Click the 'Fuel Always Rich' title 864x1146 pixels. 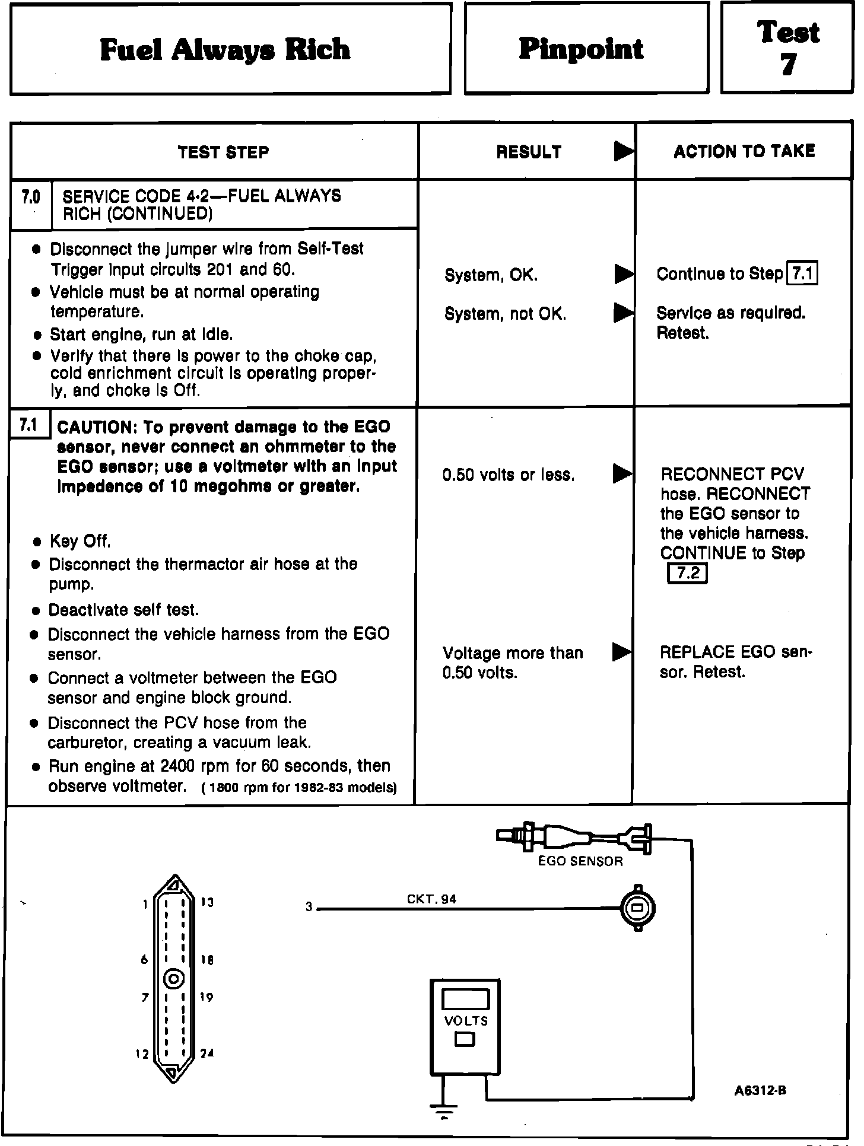pyautogui.click(x=225, y=50)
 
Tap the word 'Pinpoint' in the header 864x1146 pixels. pyautogui.click(x=581, y=49)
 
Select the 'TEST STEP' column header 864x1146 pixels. pyautogui.click(x=223, y=152)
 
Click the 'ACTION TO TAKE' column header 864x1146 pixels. pyautogui.click(x=744, y=151)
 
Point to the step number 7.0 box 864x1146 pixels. pyautogui.click(x=31, y=197)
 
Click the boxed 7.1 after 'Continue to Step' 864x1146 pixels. pyautogui.click(x=802, y=274)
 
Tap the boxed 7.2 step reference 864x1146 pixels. pyautogui.click(x=687, y=574)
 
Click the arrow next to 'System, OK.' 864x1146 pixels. pyautogui.click(x=623, y=274)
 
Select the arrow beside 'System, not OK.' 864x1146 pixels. pyautogui.click(x=623, y=313)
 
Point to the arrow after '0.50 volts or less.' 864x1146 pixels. pyautogui.click(x=622, y=474)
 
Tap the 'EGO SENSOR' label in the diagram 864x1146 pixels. pyautogui.click(x=580, y=861)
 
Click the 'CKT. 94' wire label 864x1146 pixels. pyautogui.click(x=431, y=899)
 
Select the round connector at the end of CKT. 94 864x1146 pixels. pyautogui.click(x=638, y=908)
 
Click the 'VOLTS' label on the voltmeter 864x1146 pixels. pyautogui.click(x=466, y=1021)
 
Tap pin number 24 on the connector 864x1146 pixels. pyautogui.click(x=207, y=1053)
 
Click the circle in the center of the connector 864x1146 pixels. pyautogui.click(x=174, y=979)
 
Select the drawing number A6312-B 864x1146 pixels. pyautogui.click(x=760, y=1090)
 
